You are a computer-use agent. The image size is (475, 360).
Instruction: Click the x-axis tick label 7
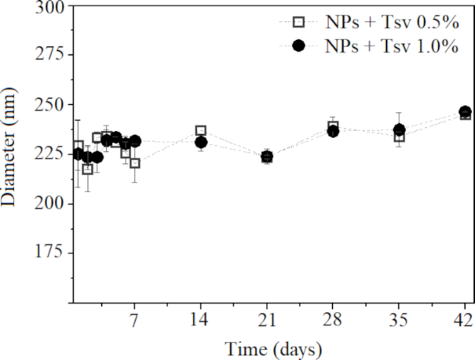(135, 319)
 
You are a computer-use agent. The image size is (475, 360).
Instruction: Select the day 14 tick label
(201, 319)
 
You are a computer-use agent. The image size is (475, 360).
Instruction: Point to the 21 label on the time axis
(267, 319)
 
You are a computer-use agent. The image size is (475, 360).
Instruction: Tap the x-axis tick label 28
(333, 319)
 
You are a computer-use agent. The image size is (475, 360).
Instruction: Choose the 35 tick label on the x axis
(399, 319)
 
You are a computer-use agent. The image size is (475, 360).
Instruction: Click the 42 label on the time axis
(464, 319)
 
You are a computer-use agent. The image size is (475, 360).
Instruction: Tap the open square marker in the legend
(298, 22)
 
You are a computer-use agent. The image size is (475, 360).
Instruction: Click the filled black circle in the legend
(298, 46)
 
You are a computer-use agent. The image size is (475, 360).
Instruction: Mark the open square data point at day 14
(201, 131)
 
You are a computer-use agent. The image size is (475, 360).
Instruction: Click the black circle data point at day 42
(465, 112)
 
